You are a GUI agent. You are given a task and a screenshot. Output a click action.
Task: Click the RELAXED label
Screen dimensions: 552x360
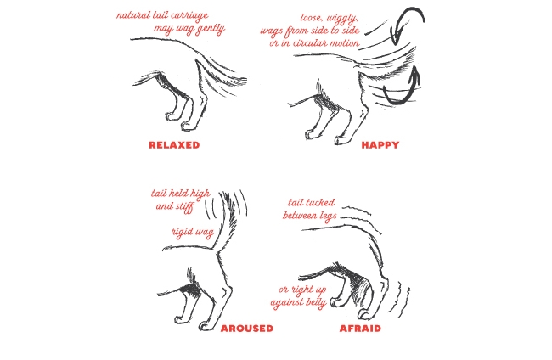pos(174,145)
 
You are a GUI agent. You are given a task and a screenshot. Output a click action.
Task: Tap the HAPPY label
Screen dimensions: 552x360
pos(380,145)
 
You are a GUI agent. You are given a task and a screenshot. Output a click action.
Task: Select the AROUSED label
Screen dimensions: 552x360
pos(247,329)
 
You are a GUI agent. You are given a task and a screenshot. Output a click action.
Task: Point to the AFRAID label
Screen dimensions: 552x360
pos(360,329)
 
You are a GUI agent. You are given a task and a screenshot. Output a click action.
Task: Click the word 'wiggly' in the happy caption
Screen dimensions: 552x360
pos(341,19)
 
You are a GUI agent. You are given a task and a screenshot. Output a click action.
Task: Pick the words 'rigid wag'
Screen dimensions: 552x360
pos(193,233)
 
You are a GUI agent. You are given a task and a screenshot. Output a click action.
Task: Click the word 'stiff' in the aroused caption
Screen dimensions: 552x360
pos(184,206)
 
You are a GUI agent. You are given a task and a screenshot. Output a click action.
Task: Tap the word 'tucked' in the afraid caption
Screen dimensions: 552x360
pos(321,203)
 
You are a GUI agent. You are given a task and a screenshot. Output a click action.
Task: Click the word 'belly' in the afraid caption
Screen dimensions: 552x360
pos(316,302)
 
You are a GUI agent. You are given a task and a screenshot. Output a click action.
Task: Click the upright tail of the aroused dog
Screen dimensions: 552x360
pos(227,222)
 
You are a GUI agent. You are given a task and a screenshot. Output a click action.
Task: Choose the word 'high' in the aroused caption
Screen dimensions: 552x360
pos(200,194)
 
